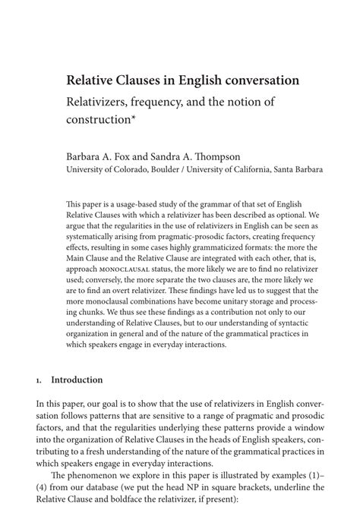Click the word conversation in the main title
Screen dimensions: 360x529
256,80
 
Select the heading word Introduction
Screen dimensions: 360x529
79,379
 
